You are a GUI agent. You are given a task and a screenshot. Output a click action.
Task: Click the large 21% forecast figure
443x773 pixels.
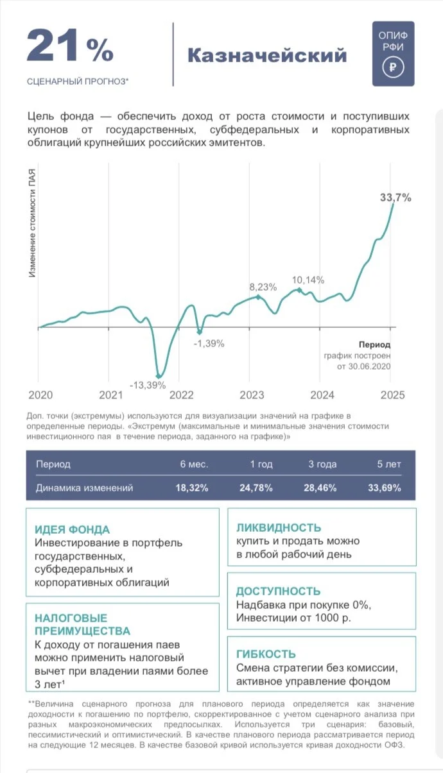(70, 46)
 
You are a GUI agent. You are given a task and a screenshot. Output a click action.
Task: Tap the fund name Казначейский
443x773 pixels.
(267, 55)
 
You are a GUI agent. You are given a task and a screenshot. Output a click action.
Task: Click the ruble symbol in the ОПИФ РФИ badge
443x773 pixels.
(393, 67)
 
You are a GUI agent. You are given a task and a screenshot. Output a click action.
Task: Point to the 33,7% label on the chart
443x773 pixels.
(395, 198)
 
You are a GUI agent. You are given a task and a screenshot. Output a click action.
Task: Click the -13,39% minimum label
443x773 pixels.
(148, 385)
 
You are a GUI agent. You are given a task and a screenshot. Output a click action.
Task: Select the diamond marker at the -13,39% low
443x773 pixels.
(159, 376)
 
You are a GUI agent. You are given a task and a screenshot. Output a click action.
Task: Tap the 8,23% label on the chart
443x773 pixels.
(263, 287)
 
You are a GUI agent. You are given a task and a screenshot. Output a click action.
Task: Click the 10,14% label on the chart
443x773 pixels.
(308, 280)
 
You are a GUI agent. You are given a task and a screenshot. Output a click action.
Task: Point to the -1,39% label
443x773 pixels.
(209, 343)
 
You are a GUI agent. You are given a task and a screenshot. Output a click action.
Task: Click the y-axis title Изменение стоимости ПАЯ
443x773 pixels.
(32, 223)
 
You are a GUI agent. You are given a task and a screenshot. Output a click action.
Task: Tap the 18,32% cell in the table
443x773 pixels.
(192, 488)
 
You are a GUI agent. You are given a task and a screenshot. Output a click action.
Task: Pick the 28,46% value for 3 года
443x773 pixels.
(320, 488)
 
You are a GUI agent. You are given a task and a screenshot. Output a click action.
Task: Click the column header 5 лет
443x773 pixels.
(389, 464)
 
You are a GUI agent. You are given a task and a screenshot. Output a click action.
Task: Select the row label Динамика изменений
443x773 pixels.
(84, 488)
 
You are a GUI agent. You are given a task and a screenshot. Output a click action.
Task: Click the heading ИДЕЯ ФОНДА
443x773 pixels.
(72, 529)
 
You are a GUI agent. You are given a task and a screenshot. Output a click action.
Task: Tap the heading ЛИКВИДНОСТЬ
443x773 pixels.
(279, 528)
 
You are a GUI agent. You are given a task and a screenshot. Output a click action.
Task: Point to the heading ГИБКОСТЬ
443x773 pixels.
(266, 654)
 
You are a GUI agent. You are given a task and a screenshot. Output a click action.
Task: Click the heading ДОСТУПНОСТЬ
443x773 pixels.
(278, 591)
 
